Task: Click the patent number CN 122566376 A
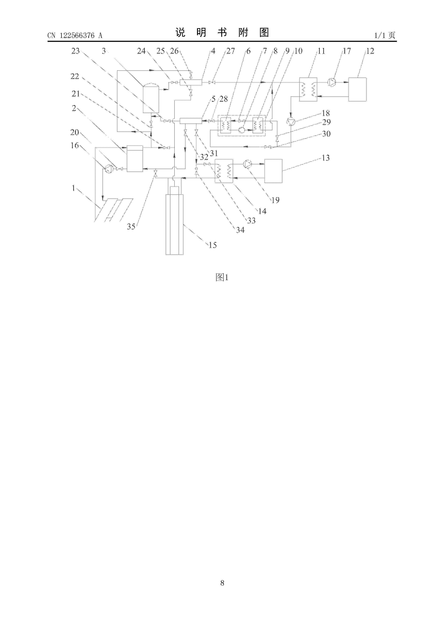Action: point(75,35)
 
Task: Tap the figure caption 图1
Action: point(222,277)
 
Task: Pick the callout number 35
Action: point(131,226)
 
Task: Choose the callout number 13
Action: point(325,158)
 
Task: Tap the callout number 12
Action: point(370,51)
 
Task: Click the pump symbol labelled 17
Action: point(332,82)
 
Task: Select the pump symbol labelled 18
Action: point(291,122)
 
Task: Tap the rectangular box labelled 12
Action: point(357,89)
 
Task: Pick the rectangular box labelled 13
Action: point(273,171)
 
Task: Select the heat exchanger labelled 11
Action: point(308,89)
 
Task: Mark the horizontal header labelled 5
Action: point(191,121)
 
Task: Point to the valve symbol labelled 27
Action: point(211,82)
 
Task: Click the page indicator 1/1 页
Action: point(385,35)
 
